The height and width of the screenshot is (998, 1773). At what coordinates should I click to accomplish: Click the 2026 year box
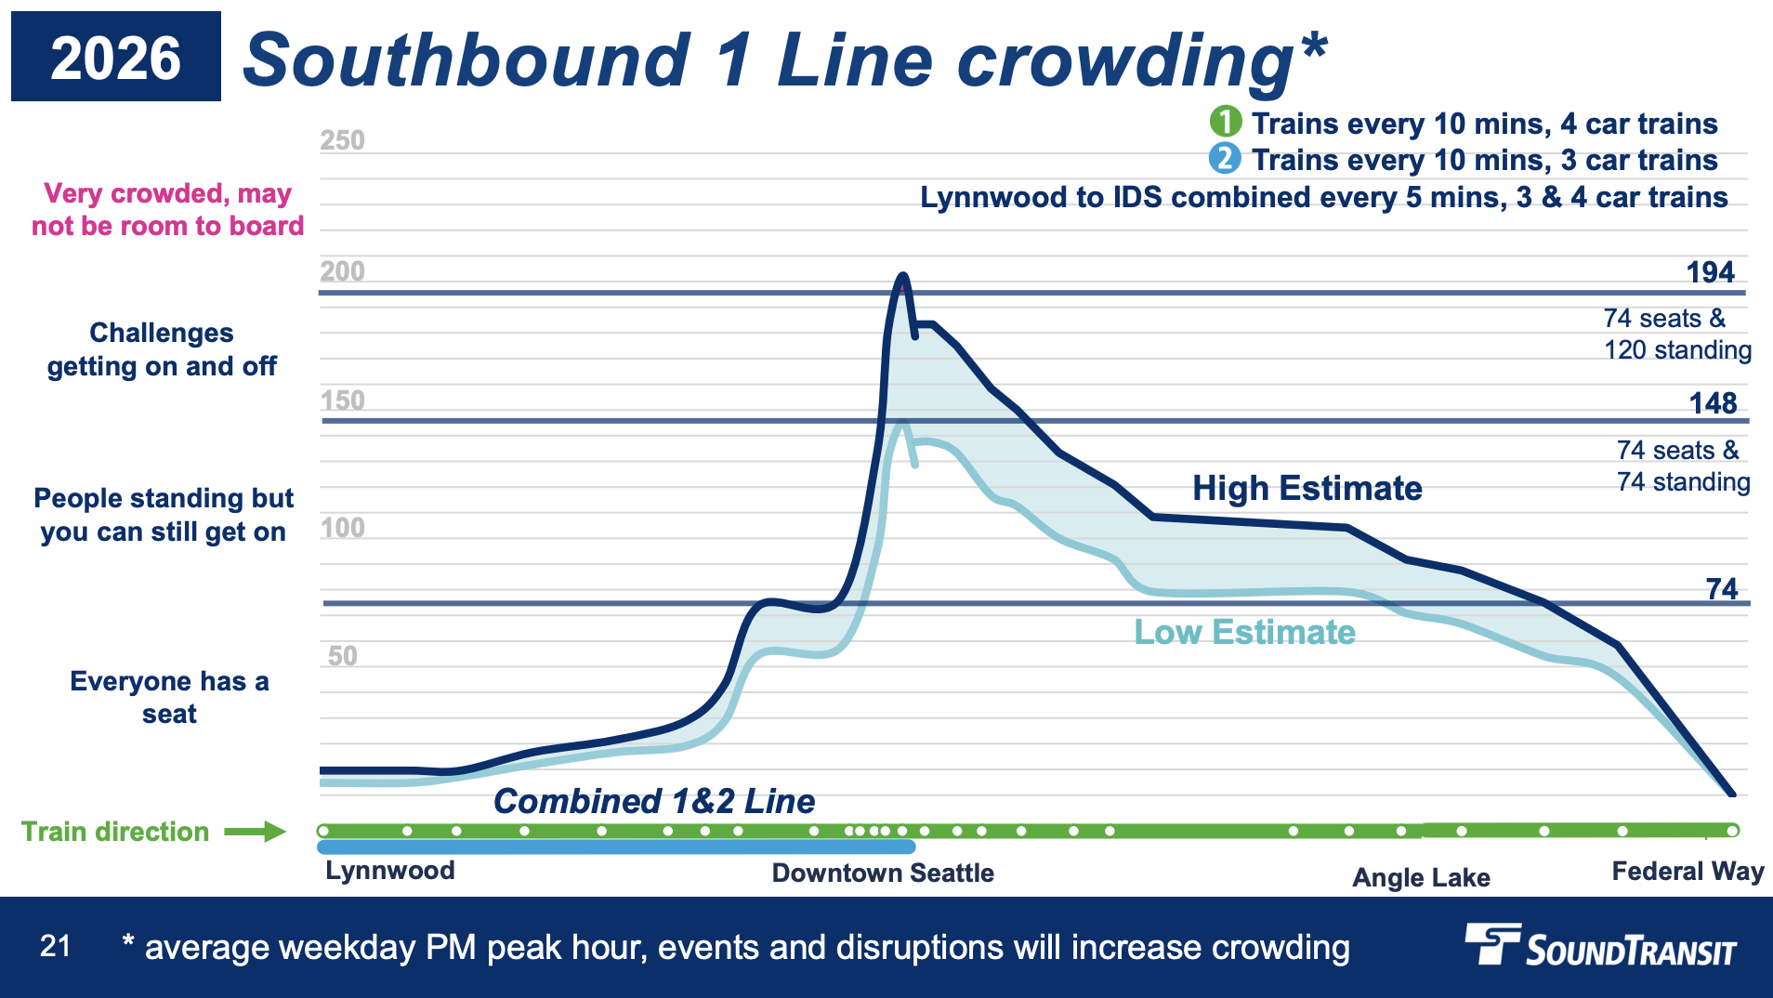click(116, 57)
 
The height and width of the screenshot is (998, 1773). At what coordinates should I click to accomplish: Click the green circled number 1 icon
click(1225, 122)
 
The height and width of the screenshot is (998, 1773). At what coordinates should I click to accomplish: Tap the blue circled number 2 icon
click(1225, 159)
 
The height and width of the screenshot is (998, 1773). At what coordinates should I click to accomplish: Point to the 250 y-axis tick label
click(342, 140)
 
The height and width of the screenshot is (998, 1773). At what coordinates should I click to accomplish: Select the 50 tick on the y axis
click(342, 656)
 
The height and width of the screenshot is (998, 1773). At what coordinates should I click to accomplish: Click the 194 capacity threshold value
click(1710, 272)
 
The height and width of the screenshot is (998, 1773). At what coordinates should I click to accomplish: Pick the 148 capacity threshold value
click(1713, 403)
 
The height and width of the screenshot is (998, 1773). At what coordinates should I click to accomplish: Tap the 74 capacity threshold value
click(1721, 589)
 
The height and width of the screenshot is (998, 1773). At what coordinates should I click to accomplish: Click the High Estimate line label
click(1307, 488)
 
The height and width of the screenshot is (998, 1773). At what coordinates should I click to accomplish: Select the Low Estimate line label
click(1244, 632)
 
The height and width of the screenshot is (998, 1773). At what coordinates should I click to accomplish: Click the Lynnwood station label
click(390, 871)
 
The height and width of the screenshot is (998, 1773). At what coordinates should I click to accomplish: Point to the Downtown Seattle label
click(883, 873)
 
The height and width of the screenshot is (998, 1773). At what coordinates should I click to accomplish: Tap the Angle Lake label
click(1421, 877)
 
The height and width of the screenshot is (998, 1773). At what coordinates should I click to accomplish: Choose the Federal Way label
click(1688, 872)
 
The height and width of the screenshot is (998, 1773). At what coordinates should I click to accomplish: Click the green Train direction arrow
click(255, 831)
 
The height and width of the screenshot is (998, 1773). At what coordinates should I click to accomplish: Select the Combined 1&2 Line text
click(654, 801)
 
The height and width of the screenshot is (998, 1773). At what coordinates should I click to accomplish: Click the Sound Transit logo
click(1600, 946)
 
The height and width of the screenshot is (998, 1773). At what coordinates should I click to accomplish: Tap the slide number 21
click(55, 946)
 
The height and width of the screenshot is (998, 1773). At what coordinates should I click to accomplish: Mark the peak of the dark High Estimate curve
click(901, 276)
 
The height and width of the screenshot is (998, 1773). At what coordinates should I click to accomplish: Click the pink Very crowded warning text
click(167, 209)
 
